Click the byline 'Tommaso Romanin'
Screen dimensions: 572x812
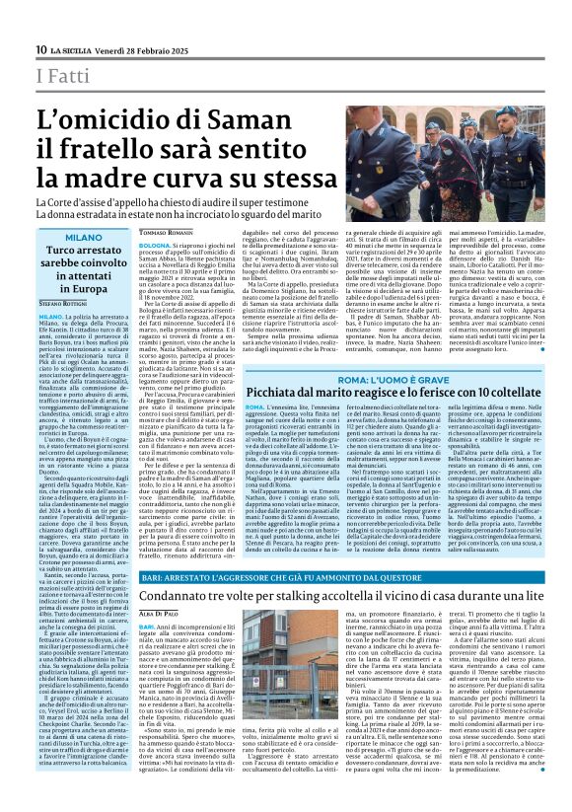[x=164, y=232]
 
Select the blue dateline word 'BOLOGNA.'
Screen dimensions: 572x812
[x=155, y=242]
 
